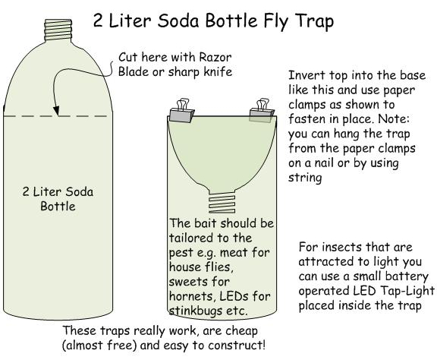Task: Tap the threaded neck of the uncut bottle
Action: click(x=58, y=30)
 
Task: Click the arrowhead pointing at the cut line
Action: click(x=57, y=110)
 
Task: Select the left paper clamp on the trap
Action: click(x=181, y=111)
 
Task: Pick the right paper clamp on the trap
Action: click(x=262, y=111)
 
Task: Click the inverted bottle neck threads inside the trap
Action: click(x=222, y=204)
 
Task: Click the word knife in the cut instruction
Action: click(x=218, y=71)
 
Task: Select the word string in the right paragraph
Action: click(x=305, y=177)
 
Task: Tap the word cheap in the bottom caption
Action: click(x=241, y=331)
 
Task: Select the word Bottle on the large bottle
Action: click(x=58, y=207)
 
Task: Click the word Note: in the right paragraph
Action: click(x=394, y=119)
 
